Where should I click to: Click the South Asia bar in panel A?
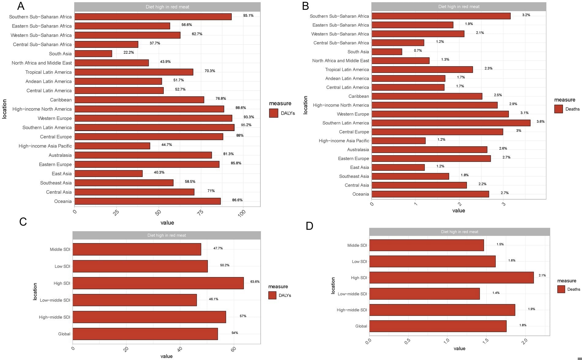click(x=93, y=54)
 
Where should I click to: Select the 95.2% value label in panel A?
click(x=246, y=125)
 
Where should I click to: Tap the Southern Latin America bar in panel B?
click(x=451, y=123)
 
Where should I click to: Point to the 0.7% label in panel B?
click(x=418, y=51)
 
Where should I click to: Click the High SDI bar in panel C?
click(x=158, y=283)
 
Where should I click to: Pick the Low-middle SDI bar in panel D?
click(x=424, y=294)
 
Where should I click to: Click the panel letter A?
click(x=21, y=6)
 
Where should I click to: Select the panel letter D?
click(x=309, y=226)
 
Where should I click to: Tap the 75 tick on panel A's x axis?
click(x=200, y=213)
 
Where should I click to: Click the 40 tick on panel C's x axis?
click(x=180, y=349)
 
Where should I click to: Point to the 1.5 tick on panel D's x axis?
click(x=486, y=341)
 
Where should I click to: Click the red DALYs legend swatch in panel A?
click(x=274, y=113)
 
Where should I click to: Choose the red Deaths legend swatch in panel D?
click(x=561, y=289)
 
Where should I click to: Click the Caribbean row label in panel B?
click(x=359, y=96)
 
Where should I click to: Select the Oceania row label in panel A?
click(x=63, y=201)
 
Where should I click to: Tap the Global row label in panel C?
click(x=64, y=334)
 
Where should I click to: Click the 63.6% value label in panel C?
click(x=255, y=282)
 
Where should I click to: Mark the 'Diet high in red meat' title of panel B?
click(x=459, y=6)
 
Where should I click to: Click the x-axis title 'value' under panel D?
click(x=459, y=349)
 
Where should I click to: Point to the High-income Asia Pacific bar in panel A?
click(x=112, y=146)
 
